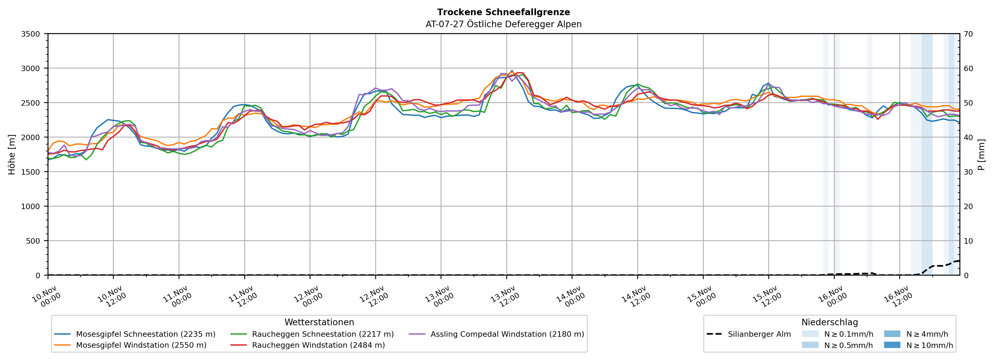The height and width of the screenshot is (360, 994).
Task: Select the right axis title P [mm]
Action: tap(981, 154)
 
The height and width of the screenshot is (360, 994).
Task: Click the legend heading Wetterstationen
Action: tap(319, 322)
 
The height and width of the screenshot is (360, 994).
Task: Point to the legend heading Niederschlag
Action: tap(830, 322)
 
